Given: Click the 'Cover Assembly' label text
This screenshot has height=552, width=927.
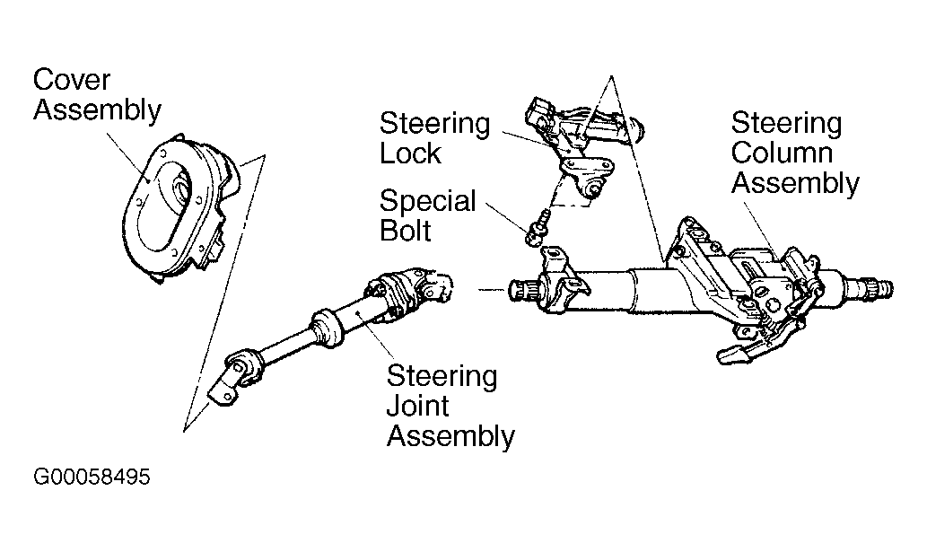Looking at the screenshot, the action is [97, 95].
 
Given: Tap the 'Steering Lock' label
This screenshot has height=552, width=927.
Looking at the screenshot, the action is [434, 137].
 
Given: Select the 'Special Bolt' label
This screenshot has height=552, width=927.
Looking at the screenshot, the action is [427, 215].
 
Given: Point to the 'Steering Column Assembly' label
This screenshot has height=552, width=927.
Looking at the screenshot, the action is [795, 153].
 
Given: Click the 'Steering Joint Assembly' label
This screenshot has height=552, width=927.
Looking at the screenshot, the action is [450, 406].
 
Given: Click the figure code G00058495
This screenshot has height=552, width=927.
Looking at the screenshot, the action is [92, 477].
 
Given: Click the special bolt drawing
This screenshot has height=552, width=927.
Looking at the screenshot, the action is [538, 228].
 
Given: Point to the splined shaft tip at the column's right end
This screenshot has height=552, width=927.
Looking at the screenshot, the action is [879, 288].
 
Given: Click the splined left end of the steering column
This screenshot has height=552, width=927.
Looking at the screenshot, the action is [520, 290].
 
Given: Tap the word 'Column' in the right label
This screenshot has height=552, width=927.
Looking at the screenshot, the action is [782, 153].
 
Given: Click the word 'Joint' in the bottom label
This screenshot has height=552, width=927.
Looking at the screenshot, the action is [417, 406].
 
